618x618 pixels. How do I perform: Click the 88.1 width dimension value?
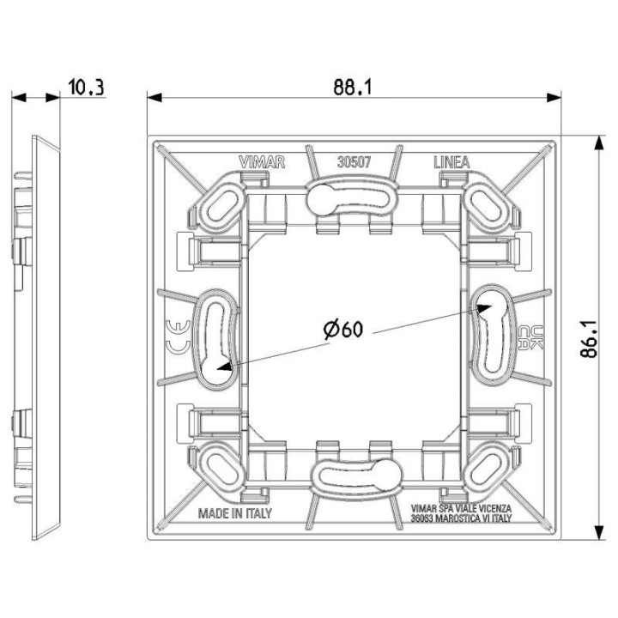click(353, 87)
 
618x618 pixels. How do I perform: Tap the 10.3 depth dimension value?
click(84, 87)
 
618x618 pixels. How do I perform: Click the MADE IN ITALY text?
click(234, 513)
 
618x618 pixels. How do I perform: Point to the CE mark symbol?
click(171, 337)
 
